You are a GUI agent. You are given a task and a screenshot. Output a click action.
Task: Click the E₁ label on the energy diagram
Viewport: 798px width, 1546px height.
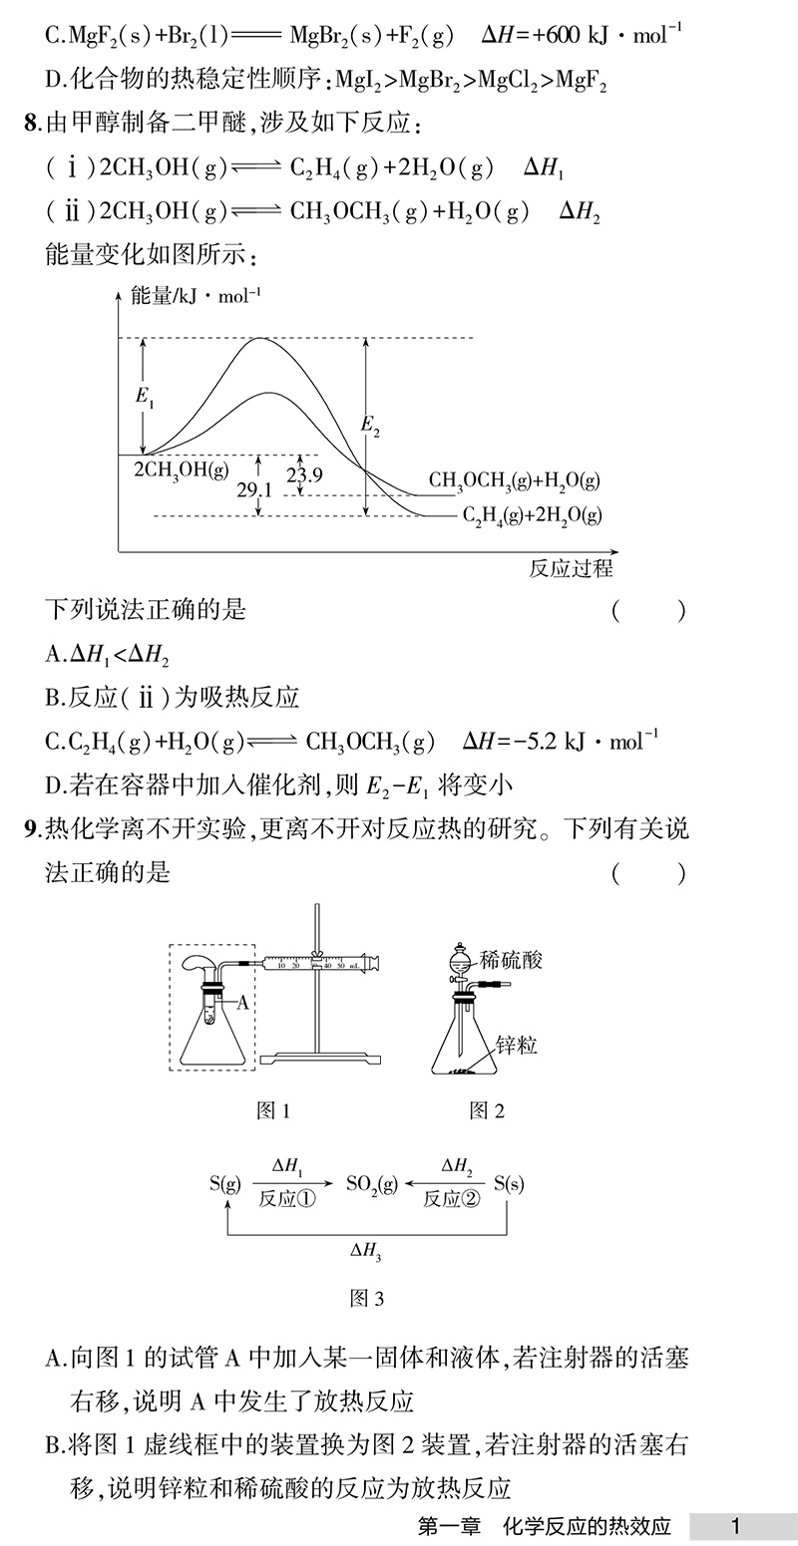pos(146,396)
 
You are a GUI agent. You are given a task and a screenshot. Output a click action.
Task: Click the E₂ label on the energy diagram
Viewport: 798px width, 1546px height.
pos(370,426)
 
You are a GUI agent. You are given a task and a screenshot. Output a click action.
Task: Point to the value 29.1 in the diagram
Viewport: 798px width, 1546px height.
pos(254,489)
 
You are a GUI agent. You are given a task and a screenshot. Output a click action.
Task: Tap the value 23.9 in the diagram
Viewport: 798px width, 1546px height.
pos(304,475)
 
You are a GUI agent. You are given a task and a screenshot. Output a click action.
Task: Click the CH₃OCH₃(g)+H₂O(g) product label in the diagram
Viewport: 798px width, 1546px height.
pos(514,480)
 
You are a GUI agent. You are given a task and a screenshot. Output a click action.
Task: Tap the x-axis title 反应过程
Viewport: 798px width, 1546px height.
pos(571,568)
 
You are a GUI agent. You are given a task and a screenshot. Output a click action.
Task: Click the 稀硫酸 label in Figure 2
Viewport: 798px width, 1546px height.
pos(511,960)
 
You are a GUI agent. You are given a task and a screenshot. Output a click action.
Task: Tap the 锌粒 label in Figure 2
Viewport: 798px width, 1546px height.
pos(518,1045)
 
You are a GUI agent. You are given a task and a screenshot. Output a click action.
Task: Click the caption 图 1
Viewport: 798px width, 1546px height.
pos(272,1110)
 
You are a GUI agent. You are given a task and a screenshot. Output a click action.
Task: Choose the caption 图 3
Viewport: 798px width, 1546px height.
pos(367,1298)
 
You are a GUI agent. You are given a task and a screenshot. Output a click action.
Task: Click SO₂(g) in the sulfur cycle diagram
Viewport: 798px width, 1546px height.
pos(372,1184)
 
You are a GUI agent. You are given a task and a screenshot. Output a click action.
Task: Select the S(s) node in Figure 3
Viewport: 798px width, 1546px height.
pos(509,1184)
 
